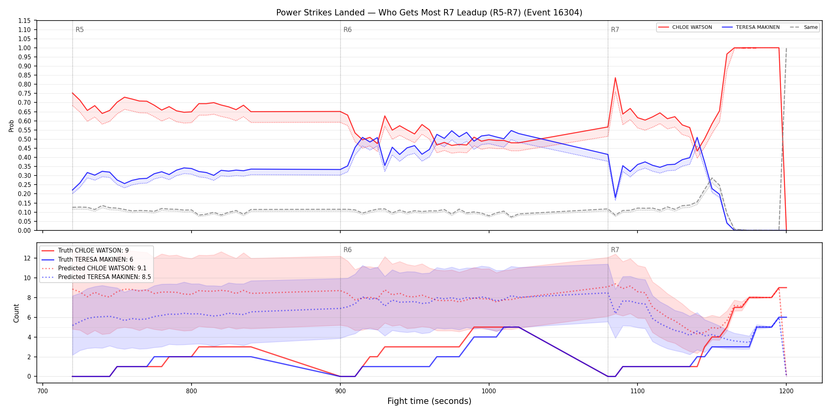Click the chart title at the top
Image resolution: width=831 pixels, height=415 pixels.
tap(429, 13)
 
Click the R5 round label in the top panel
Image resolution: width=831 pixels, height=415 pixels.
tap(80, 30)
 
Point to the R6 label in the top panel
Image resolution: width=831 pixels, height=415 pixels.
tap(347, 30)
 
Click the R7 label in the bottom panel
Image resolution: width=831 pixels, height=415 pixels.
tap(615, 250)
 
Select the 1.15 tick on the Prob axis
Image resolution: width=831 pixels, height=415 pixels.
tap(24, 21)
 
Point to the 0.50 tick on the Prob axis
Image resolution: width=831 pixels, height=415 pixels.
tap(24, 139)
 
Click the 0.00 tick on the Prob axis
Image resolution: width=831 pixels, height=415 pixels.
tap(24, 230)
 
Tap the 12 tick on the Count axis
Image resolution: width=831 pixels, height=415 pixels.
tap(27, 258)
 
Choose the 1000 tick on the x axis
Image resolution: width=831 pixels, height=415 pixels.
tap(489, 391)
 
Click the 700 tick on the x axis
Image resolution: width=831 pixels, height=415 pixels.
tap(42, 391)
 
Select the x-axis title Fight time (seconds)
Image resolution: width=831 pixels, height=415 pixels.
tap(429, 401)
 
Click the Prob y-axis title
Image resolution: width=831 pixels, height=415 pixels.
tap(11, 126)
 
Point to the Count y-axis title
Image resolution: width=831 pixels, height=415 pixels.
tap(16, 313)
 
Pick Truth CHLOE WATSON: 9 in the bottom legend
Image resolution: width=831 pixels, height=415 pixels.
tap(93, 251)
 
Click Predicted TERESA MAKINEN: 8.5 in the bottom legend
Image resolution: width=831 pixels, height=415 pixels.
tap(104, 277)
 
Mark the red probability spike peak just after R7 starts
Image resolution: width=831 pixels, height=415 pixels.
tap(615, 77)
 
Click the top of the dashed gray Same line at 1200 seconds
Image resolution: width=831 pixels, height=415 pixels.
tap(786, 48)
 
